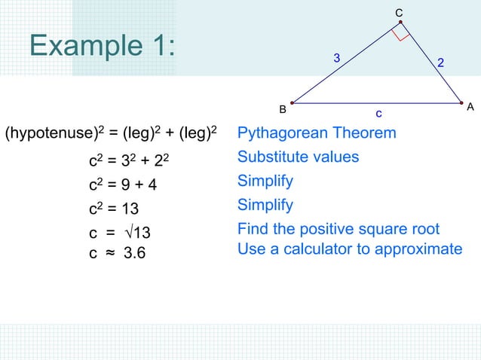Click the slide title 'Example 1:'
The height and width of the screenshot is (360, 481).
(103, 47)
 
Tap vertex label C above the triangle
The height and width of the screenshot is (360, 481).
(399, 12)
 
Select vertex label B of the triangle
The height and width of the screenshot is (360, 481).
(283, 109)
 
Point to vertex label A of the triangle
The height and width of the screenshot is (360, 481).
(470, 108)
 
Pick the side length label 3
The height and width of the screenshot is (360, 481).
(337, 58)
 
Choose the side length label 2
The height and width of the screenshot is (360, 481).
(442, 66)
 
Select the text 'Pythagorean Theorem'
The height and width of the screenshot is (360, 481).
(317, 133)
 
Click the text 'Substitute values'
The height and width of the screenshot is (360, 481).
(298, 157)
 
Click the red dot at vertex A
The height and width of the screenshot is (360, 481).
(461, 102)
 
